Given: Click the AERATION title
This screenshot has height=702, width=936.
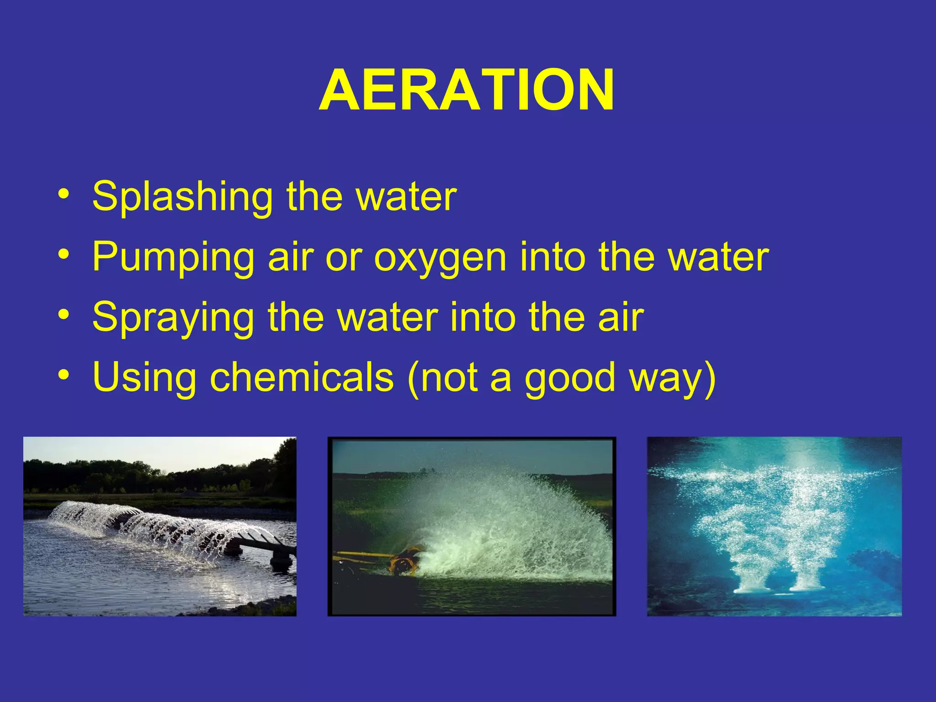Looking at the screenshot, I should coord(466,90).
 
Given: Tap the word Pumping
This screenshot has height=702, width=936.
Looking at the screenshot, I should coord(173,257).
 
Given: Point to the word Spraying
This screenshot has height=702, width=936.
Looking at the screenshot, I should coord(173,318).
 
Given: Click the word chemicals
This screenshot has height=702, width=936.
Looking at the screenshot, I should coord(302,377).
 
